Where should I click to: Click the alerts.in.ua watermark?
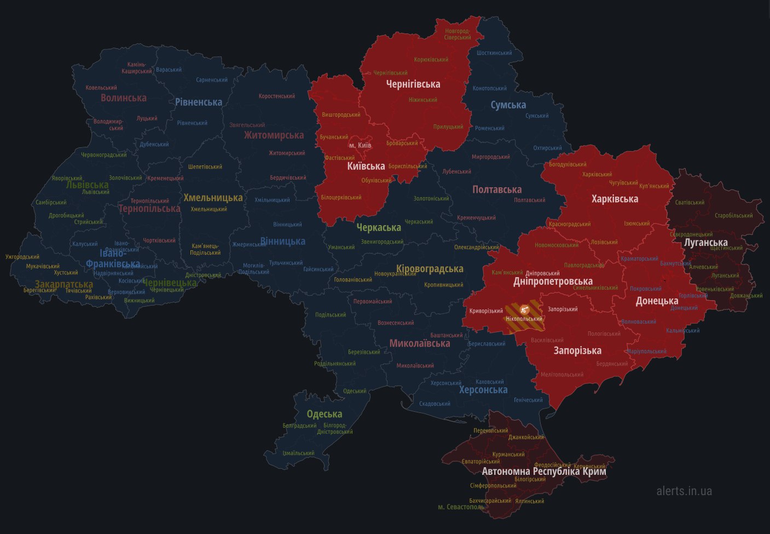[684, 491]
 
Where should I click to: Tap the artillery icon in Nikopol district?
[524, 309]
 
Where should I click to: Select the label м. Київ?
[360, 145]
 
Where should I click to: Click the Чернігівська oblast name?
[413, 84]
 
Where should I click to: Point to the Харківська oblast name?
[615, 199]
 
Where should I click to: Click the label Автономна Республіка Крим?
[543, 471]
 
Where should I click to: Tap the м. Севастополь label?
[461, 507]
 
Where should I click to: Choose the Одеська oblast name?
[325, 414]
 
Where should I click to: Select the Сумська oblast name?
[508, 105]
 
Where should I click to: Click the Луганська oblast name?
[706, 242]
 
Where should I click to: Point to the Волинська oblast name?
[124, 97]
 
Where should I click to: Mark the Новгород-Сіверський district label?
[458, 34]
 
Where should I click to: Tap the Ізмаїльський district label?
[298, 453]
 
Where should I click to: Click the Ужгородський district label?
[22, 256]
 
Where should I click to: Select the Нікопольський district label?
[524, 319]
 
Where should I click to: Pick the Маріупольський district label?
[647, 351]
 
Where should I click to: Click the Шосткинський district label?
[494, 53]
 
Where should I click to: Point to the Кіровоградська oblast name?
[430, 269]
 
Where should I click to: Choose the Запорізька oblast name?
[577, 351]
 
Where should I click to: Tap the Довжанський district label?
[746, 296]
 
